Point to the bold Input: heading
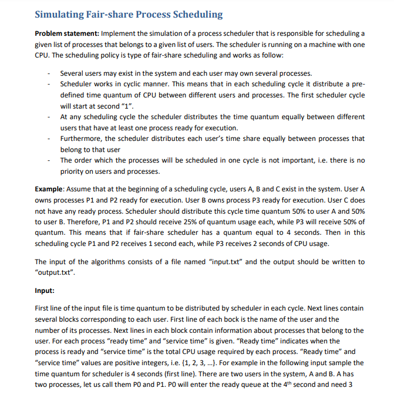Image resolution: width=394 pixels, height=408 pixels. pyautogui.click(x=46, y=290)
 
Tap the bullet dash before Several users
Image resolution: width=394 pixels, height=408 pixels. pyautogui.click(x=49, y=73)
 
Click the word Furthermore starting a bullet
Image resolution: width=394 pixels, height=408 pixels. pyautogui.click(x=81, y=139)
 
